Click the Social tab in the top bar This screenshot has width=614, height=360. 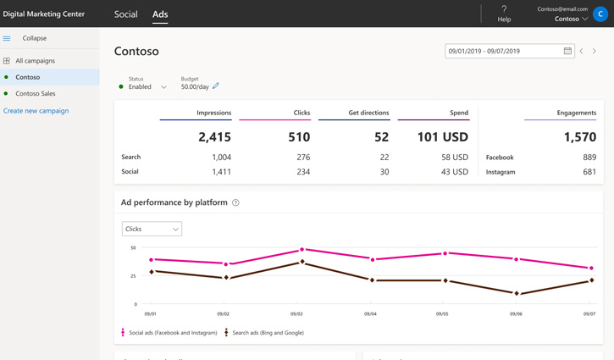tap(125, 14)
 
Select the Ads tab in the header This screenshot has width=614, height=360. tap(160, 14)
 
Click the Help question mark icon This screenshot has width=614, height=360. tap(504, 9)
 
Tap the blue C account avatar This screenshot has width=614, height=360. tap(600, 14)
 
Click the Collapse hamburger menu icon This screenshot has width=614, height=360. tap(7, 38)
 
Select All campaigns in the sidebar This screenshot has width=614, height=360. tap(35, 61)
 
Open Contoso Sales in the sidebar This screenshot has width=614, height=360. tap(36, 94)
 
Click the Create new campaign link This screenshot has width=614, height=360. tap(36, 111)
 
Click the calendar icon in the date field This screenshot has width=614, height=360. tap(567, 51)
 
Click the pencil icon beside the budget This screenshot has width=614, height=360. tap(216, 86)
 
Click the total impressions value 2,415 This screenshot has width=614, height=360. tap(214, 136)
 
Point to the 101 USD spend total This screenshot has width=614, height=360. tap(444, 136)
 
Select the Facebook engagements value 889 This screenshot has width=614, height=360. tap(589, 157)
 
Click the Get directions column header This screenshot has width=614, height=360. tap(368, 113)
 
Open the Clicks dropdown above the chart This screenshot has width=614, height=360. tap(152, 229)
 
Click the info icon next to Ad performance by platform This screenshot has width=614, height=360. tap(235, 203)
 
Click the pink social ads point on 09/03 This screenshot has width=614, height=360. tap(301, 250)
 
